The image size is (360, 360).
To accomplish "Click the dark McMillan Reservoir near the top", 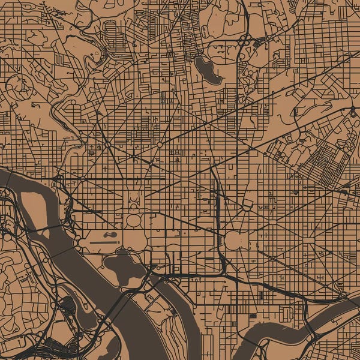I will [206, 70].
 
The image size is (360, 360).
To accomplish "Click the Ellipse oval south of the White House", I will [134, 220].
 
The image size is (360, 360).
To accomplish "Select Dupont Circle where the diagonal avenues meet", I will [107, 145].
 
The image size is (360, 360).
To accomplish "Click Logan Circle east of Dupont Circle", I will [160, 145].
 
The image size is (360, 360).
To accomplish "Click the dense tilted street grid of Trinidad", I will [324, 162].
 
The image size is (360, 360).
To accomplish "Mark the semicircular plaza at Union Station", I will [247, 205].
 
